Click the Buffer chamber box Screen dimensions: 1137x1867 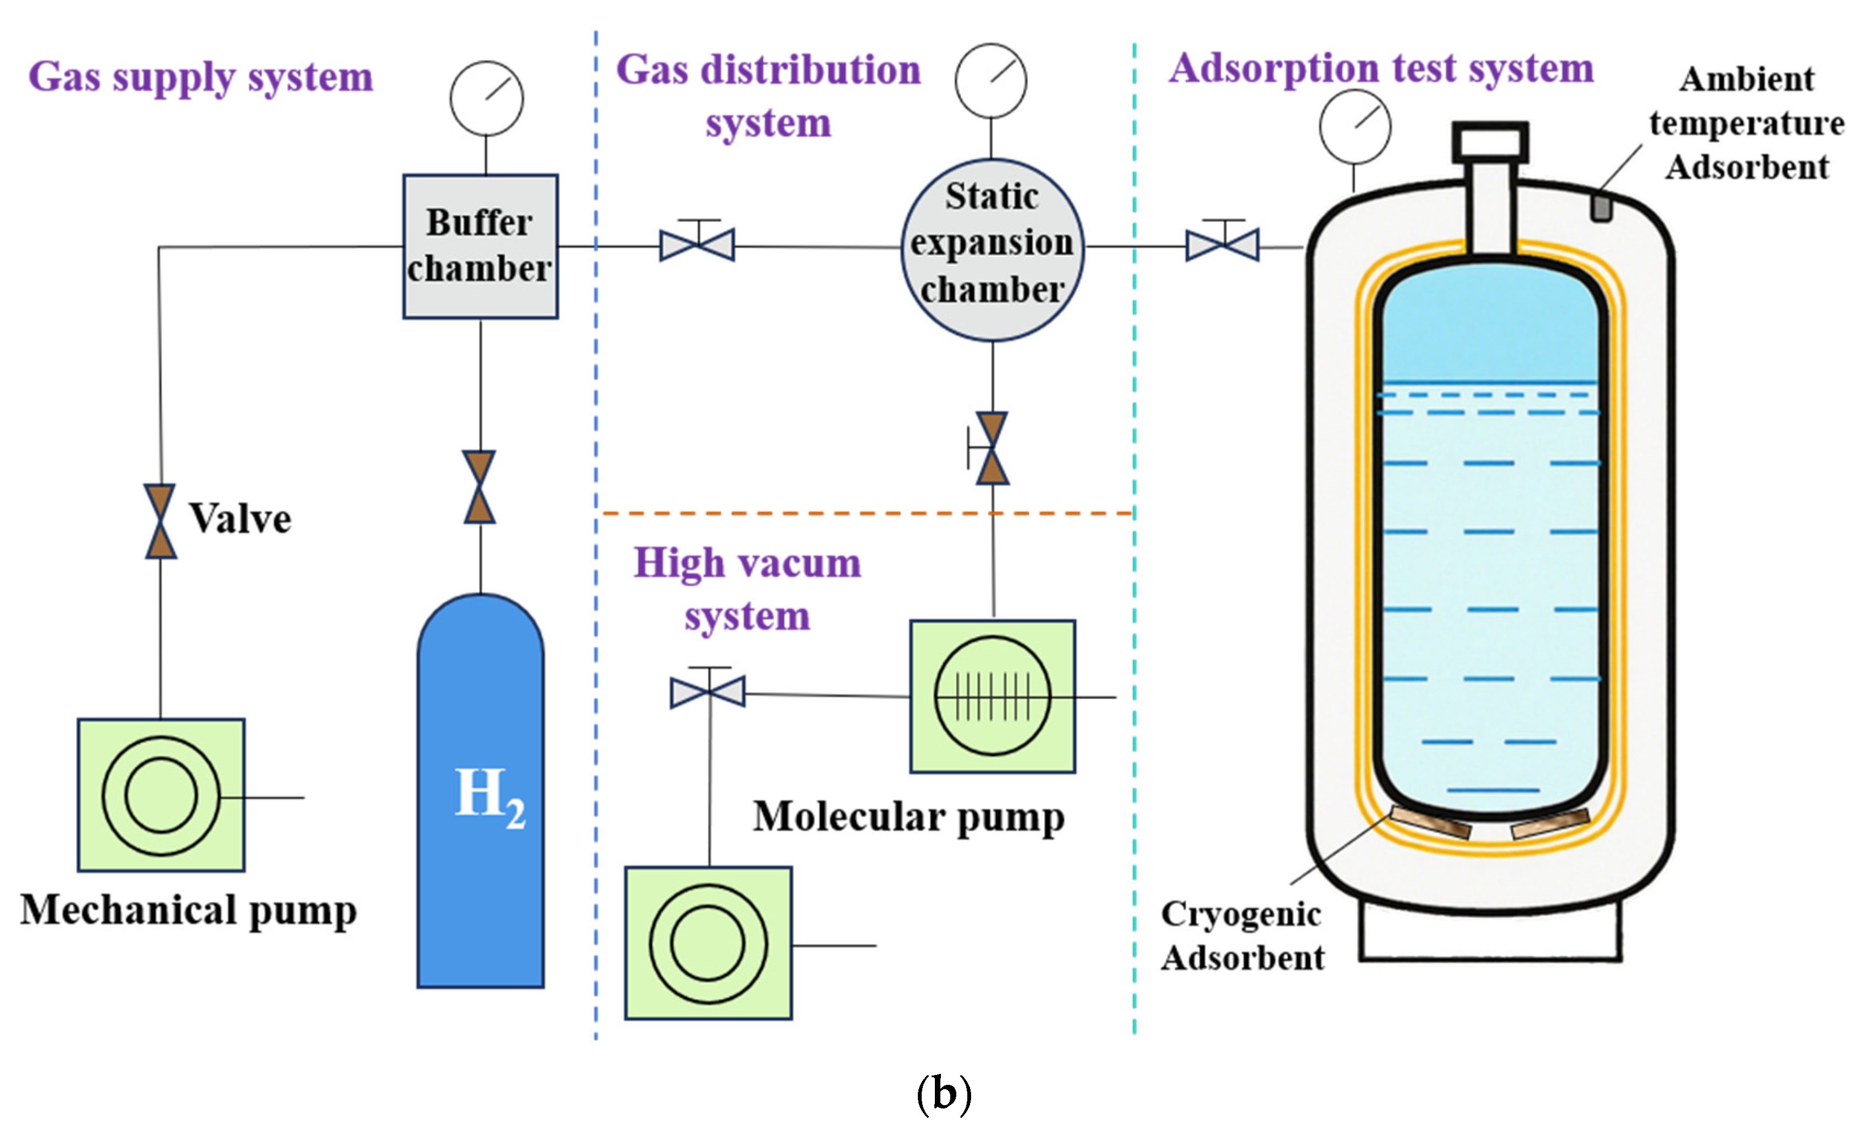[x=481, y=246]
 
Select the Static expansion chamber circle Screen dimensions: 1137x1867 [x=992, y=249]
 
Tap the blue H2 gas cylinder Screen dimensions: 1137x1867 [x=481, y=796]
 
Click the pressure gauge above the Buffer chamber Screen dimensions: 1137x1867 [x=487, y=98]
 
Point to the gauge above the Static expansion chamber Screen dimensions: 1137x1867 [x=990, y=80]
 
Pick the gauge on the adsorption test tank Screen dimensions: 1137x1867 [x=1355, y=126]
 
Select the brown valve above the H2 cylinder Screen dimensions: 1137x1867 [x=480, y=487]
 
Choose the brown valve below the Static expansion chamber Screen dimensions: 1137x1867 [x=992, y=449]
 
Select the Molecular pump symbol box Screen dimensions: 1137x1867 [x=993, y=696]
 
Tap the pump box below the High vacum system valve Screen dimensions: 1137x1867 [x=709, y=943]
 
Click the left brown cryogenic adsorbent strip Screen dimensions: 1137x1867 [x=1430, y=822]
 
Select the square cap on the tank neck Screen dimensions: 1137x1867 [x=1490, y=142]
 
